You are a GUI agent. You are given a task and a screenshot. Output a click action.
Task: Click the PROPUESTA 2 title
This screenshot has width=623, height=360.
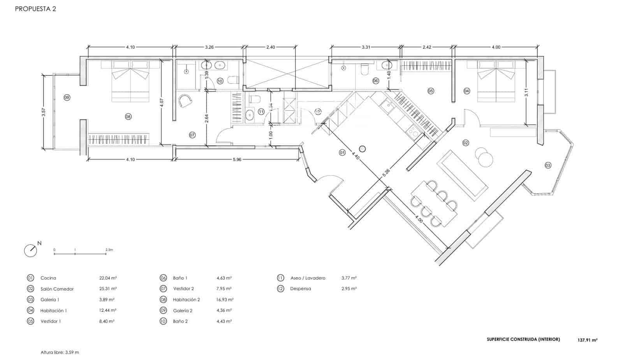coord(35,9)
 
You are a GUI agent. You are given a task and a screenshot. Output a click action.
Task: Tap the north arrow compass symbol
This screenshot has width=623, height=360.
coord(31,250)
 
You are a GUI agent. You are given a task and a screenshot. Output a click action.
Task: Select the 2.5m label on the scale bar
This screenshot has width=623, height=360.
coord(109,249)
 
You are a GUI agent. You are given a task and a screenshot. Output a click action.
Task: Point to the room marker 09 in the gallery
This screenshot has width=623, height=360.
coord(67,98)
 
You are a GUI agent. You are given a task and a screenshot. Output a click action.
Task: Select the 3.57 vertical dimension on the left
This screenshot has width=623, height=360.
coord(44,112)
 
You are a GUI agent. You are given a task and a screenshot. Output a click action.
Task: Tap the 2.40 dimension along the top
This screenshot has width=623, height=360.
coord(270,47)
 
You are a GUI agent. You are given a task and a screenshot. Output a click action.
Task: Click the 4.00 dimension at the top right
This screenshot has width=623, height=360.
coord(496,47)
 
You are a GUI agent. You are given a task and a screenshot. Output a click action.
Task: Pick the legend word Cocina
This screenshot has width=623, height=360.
coord(48,278)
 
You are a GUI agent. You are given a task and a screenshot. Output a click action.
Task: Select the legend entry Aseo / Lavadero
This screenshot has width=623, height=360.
coord(308,278)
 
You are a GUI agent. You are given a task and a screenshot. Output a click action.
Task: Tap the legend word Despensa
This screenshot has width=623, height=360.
coord(300,289)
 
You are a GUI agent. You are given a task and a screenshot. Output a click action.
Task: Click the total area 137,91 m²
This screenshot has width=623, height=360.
coord(587,340)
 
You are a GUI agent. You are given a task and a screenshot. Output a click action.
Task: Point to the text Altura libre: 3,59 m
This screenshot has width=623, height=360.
coord(60,352)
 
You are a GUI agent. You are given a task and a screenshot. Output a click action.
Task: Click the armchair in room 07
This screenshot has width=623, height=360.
coord(186,101)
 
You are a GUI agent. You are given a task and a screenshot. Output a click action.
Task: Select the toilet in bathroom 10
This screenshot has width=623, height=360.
coord(233,81)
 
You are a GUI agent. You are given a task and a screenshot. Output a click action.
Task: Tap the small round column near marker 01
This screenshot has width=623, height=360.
coord(363,148)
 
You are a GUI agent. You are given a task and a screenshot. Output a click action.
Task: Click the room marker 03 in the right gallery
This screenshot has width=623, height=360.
coord(548,165)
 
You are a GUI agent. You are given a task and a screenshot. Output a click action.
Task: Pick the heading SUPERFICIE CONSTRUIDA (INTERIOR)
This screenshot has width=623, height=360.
coord(523,339)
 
